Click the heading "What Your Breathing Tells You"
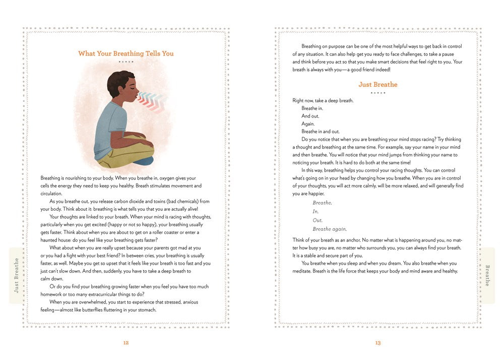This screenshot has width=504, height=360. [126, 53]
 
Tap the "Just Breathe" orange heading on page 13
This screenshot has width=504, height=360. [377, 84]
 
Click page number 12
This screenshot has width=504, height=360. [126, 343]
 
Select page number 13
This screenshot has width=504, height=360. [377, 343]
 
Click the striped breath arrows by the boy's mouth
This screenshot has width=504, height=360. [151, 99]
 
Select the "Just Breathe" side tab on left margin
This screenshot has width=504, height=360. [17, 275]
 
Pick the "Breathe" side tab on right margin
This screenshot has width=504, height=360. [487, 275]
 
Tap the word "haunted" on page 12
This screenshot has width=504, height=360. [51, 240]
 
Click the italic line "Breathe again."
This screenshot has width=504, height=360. [329, 229]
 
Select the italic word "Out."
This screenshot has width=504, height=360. [318, 220]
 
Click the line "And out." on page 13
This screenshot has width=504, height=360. [310, 116]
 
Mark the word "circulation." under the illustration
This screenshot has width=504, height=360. [51, 194]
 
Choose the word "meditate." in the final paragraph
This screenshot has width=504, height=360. [303, 271]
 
